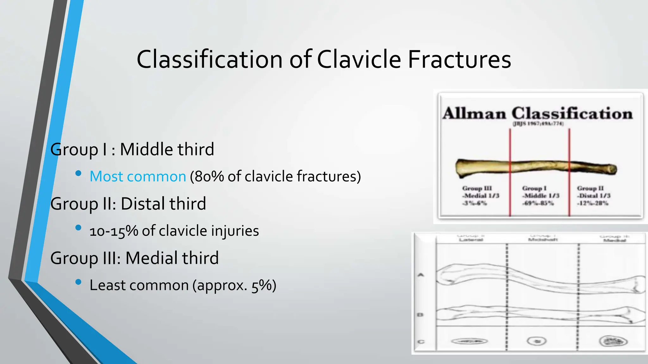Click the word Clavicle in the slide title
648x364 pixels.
(x=359, y=59)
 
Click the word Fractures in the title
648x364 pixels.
(x=459, y=59)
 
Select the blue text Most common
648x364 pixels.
(x=138, y=176)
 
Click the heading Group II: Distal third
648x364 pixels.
(x=128, y=203)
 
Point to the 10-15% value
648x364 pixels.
(x=114, y=231)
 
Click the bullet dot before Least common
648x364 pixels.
(x=78, y=282)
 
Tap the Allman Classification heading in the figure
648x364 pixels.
(x=537, y=113)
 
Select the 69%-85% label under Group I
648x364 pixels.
(x=538, y=203)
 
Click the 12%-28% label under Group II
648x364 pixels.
(x=593, y=203)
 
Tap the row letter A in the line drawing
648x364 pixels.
(x=421, y=275)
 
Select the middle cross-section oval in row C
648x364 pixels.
(x=537, y=341)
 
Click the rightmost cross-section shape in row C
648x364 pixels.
(x=613, y=341)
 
